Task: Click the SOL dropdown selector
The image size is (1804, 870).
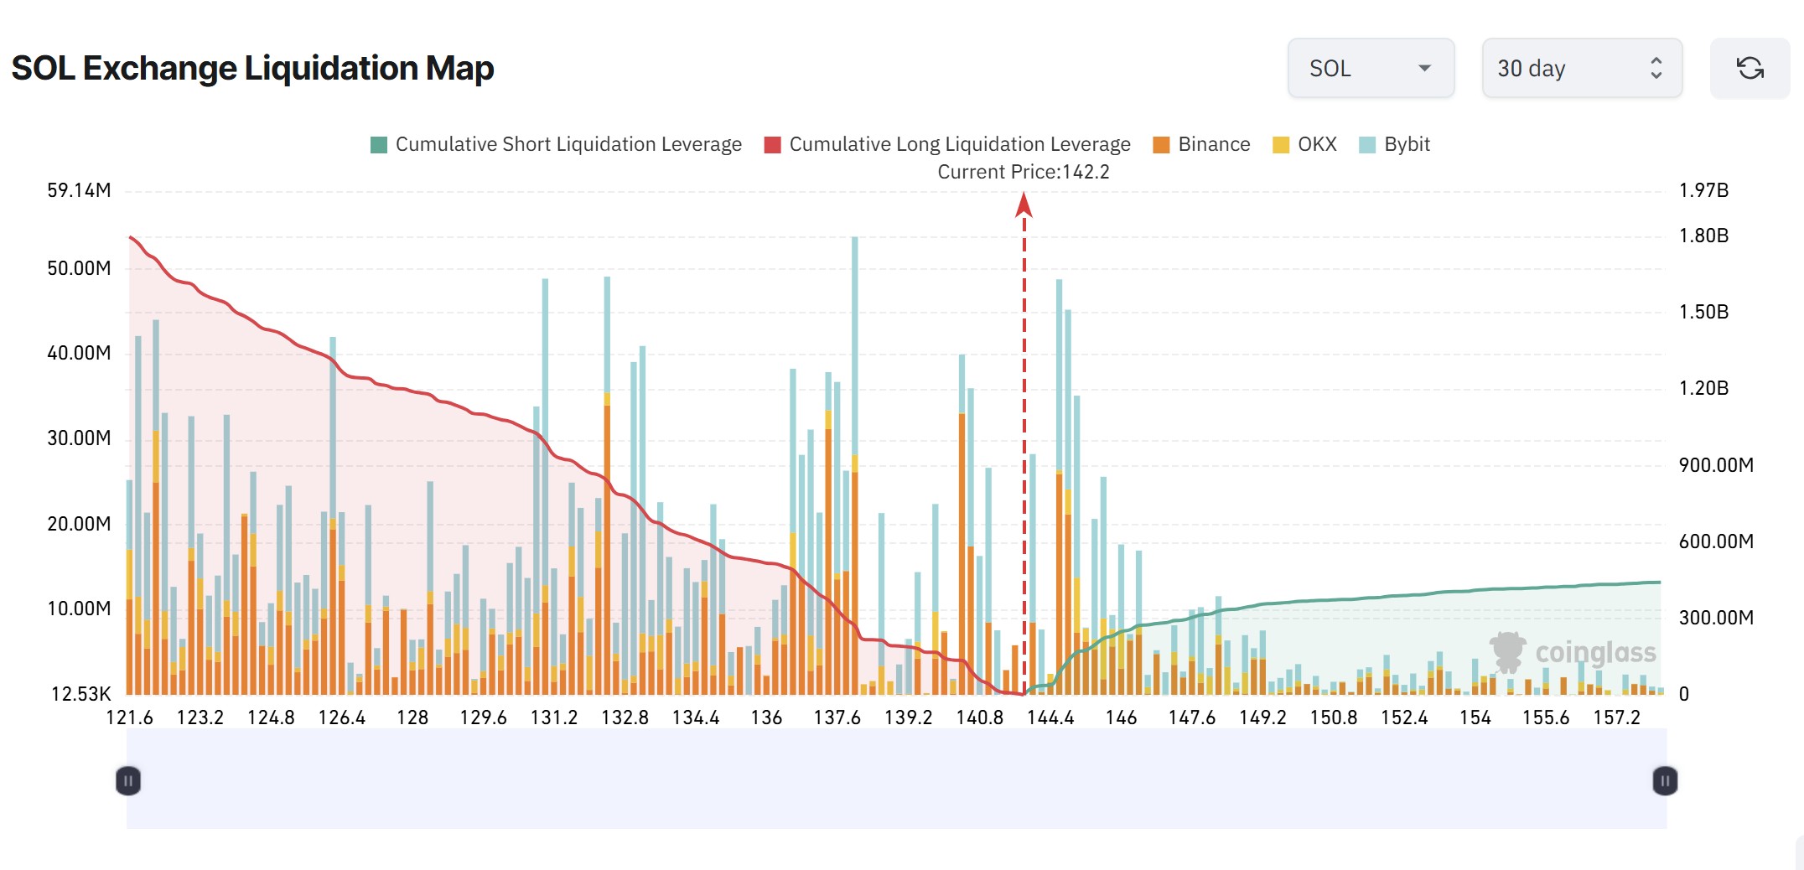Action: coord(1370,68)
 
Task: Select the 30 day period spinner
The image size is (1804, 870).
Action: coord(1581,68)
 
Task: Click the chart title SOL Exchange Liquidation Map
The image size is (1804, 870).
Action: coord(252,68)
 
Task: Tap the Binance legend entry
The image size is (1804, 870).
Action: coord(1201,144)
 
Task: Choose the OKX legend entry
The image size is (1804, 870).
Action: coord(1304,144)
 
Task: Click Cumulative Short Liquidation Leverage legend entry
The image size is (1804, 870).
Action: coord(556,144)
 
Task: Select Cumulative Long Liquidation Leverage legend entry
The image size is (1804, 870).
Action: coord(947,144)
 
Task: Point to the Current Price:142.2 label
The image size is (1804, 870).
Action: coord(1023,172)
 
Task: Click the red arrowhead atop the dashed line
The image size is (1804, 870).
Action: coord(1024,205)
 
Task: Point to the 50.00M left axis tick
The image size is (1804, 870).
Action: coord(79,268)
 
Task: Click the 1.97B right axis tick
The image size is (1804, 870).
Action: coord(1703,190)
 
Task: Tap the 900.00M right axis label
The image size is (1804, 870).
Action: coord(1715,465)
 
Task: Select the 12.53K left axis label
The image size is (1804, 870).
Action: coord(80,694)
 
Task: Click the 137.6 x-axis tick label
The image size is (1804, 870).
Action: coord(837,717)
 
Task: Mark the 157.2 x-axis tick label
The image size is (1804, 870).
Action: coord(1616,717)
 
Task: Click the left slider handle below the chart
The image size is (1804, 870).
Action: coord(128,781)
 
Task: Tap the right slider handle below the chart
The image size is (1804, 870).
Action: coord(1665,781)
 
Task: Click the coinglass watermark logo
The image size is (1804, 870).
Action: coord(1573,652)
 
